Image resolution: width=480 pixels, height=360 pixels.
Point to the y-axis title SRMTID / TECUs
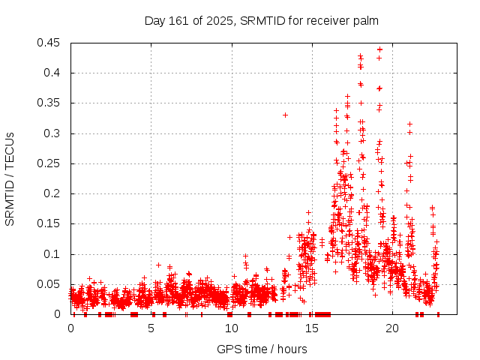point(10,178)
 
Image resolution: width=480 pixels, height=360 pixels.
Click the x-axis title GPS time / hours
point(262,349)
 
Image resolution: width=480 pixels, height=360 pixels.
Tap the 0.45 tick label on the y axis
point(51,43)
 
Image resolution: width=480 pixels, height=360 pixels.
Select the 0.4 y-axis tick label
point(54,73)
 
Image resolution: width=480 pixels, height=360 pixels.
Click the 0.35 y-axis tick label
point(51,103)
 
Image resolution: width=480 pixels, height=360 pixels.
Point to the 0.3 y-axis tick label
point(54,133)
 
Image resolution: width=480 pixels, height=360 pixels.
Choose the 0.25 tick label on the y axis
point(51,163)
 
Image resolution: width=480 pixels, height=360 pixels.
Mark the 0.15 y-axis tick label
point(51,223)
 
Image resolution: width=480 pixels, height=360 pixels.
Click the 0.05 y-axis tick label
point(51,284)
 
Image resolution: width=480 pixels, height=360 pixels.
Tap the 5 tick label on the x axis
point(151,328)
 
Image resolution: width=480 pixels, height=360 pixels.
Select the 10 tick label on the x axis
point(232,328)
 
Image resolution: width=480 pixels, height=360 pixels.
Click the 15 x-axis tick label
point(312,328)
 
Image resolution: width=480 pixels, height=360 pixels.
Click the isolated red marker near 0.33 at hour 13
point(285,115)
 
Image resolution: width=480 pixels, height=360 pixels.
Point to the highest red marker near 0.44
point(380,49)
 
